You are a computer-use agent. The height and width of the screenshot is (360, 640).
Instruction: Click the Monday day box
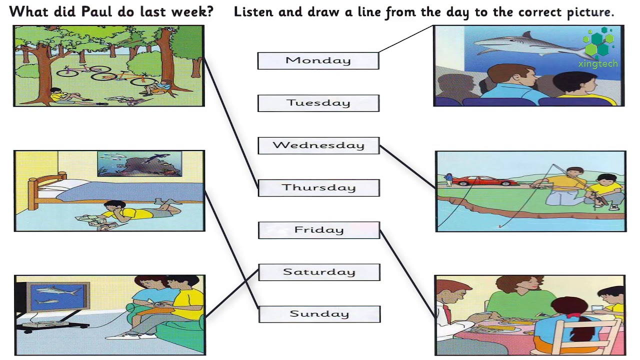(x=318, y=60)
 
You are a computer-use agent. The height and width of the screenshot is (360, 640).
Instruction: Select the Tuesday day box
(x=318, y=103)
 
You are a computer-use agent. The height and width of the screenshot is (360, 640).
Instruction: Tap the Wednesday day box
(x=319, y=145)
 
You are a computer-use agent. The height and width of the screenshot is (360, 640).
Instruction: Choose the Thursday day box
(x=319, y=187)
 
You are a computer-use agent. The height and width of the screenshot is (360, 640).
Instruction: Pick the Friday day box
(x=319, y=230)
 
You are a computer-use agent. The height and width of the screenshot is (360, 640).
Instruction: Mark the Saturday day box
(x=319, y=272)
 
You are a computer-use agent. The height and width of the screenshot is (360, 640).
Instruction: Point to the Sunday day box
(x=319, y=314)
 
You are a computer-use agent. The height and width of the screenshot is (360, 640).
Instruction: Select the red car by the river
(x=485, y=180)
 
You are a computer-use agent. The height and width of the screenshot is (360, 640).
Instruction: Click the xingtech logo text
(x=598, y=63)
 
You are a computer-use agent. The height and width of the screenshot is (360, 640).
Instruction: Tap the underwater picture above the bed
(x=139, y=163)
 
